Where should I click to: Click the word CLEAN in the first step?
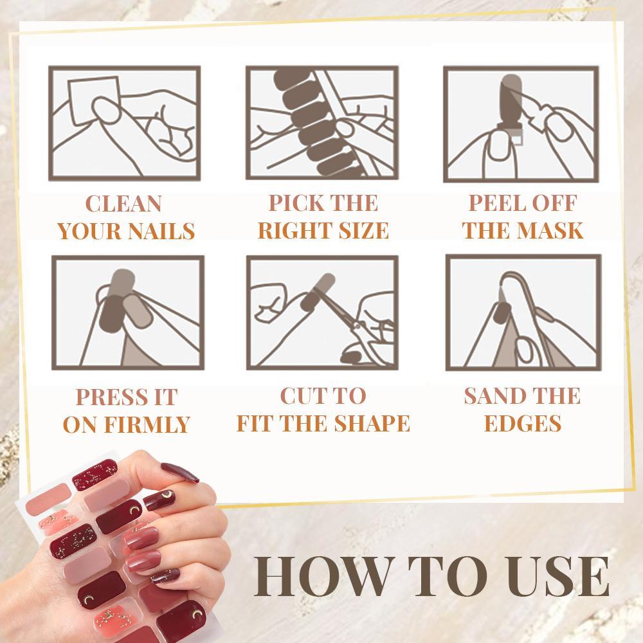(x=123, y=204)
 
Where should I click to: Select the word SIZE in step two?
(x=361, y=230)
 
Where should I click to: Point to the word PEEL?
(x=492, y=203)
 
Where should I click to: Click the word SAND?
(x=491, y=396)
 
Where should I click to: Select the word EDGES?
(x=522, y=424)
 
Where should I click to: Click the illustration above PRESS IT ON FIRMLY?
(x=127, y=312)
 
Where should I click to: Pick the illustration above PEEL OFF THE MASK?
(x=521, y=123)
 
